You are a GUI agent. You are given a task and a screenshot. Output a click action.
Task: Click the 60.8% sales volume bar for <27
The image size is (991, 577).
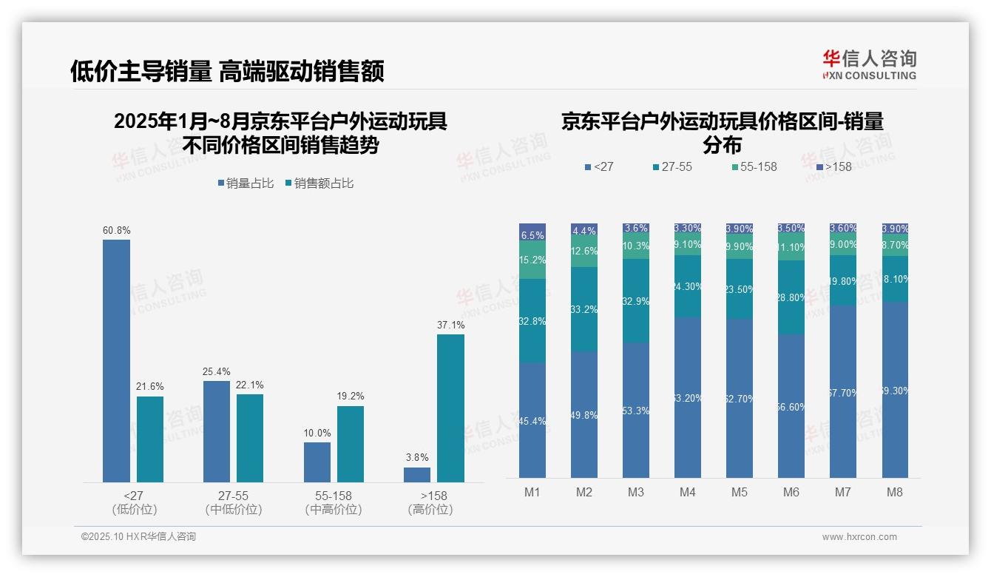pyautogui.click(x=116, y=361)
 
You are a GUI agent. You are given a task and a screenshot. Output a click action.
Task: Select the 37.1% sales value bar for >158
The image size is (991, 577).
pyautogui.click(x=450, y=408)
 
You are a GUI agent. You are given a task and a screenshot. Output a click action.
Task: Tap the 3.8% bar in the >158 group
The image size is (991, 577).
pyautogui.click(x=417, y=474)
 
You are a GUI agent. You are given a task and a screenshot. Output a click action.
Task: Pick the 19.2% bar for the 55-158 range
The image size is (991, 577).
pyautogui.click(x=351, y=444)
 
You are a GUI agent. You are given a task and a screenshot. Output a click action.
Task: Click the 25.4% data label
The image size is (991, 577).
pyautogui.click(x=216, y=371)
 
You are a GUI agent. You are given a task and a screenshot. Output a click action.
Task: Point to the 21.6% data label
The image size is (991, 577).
pyautogui.click(x=150, y=387)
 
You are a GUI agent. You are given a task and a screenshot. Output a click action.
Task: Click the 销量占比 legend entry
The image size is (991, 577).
pyautogui.click(x=250, y=183)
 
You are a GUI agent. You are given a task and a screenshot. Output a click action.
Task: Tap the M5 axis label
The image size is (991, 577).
pyautogui.click(x=740, y=493)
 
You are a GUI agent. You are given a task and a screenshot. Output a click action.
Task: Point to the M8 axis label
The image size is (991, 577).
pyautogui.click(x=895, y=493)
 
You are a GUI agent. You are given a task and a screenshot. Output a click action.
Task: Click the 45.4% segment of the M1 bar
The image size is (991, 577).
pyautogui.click(x=532, y=420)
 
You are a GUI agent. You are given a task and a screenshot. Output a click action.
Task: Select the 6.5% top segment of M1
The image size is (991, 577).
pyautogui.click(x=532, y=232)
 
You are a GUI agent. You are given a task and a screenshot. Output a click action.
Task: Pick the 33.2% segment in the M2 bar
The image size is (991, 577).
pyautogui.click(x=584, y=309)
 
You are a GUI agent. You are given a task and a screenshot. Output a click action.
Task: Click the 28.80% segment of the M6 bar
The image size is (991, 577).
pyautogui.click(x=791, y=297)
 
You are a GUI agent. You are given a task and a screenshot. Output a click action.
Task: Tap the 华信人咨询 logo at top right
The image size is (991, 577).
pyautogui.click(x=869, y=64)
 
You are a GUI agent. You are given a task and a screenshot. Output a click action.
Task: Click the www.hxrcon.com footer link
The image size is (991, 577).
pyautogui.click(x=859, y=537)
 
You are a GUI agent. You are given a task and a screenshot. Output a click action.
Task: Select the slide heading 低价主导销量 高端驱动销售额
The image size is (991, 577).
pyautogui.click(x=227, y=71)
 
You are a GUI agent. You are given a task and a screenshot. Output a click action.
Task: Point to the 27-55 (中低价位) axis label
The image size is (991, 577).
pyautogui.click(x=233, y=502)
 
